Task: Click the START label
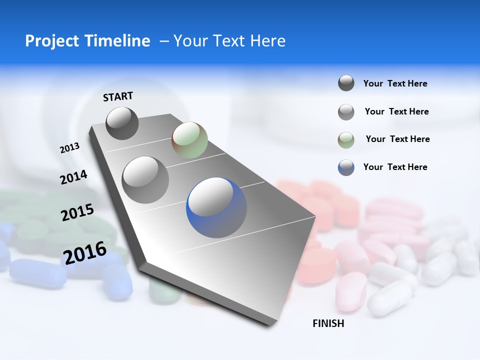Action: point(118,96)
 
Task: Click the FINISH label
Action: point(328,323)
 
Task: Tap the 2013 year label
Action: point(69,148)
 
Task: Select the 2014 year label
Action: point(73,177)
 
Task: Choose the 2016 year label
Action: point(85,253)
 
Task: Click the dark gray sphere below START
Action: point(122,123)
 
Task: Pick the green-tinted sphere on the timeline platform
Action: point(189,140)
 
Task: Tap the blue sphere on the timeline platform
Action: point(216,207)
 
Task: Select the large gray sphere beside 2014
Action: point(145,180)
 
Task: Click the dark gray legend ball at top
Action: point(346,83)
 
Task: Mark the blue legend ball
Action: point(346,167)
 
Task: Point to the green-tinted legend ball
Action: point(346,140)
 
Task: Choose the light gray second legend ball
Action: point(346,112)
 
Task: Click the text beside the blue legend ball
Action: point(395,167)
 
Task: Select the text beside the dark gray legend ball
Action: point(395,83)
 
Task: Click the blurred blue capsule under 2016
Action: point(37,272)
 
